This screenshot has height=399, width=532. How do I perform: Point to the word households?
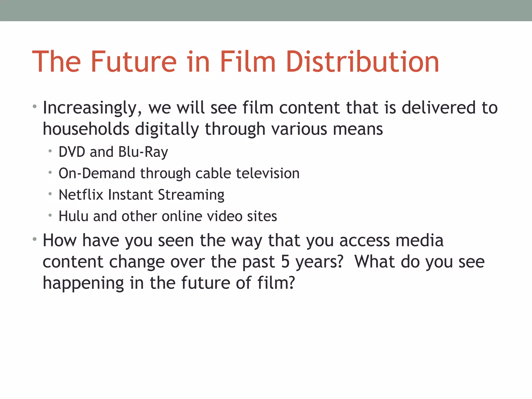[x=86, y=129]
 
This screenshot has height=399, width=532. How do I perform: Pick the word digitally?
[x=167, y=129]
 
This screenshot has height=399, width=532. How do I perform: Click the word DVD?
[x=72, y=152]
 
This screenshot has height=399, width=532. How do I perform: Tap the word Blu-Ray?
[x=143, y=152]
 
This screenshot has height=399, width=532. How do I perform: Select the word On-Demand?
[x=97, y=173]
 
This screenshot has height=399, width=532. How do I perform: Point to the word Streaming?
[x=191, y=195]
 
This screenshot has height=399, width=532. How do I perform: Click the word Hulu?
[x=74, y=216]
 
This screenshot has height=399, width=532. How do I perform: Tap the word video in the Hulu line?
[x=225, y=216]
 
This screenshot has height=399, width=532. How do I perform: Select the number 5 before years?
[x=285, y=262]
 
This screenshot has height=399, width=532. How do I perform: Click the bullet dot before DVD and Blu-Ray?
[x=50, y=151]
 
